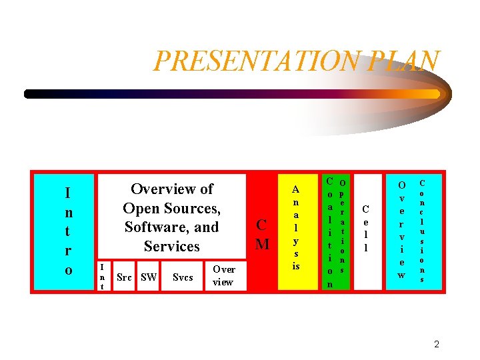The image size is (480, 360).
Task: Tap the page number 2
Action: point(437,345)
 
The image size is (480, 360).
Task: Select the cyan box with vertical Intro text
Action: point(64,231)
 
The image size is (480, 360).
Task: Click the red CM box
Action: point(263,233)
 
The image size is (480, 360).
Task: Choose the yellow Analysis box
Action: point(296,231)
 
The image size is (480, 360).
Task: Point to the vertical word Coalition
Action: point(329,232)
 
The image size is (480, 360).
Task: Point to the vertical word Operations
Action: point(342,227)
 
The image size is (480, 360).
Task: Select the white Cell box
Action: point(366,231)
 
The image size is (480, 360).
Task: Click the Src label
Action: point(124,277)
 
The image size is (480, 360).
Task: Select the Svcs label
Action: point(183,277)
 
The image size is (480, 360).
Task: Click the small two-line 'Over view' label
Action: point(223,276)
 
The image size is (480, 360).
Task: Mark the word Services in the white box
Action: point(171,246)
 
